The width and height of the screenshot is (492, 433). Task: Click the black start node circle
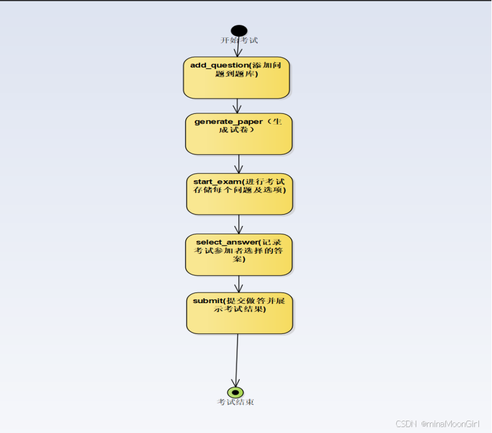(239, 31)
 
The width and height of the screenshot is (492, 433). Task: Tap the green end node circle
(236, 392)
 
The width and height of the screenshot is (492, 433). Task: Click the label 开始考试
(239, 40)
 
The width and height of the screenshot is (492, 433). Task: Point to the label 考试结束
(236, 402)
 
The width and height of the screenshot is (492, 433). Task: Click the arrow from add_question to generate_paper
(237, 106)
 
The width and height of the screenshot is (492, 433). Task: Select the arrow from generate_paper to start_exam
(239, 164)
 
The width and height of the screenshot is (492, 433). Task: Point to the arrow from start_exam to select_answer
(239, 224)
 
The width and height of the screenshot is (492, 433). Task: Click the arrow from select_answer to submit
(239, 284)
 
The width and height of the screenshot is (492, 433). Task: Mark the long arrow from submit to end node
(237, 359)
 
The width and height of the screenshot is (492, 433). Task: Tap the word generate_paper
(229, 122)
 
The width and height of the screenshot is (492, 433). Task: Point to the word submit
(205, 301)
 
